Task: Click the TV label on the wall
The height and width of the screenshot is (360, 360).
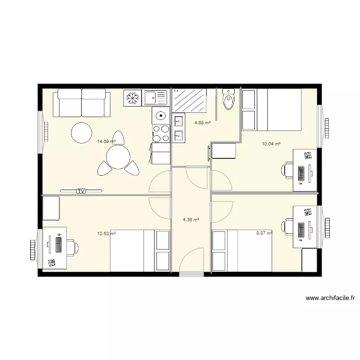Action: click(81, 191)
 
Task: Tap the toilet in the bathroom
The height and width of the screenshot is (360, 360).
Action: click(228, 99)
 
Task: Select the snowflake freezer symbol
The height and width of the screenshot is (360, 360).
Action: click(132, 98)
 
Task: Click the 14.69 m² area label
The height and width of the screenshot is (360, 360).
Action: click(106, 142)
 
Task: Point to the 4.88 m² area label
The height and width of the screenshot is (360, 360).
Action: click(203, 122)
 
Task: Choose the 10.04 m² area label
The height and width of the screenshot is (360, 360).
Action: click(271, 144)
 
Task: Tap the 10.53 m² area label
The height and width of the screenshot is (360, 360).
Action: click(106, 234)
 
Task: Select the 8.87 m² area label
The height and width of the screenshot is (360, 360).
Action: click(264, 233)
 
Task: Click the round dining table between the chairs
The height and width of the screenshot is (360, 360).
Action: click(117, 156)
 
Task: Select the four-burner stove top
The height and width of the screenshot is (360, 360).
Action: click(161, 133)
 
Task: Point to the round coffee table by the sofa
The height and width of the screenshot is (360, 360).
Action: click(82, 132)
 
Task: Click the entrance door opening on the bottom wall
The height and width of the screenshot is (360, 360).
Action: click(191, 274)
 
